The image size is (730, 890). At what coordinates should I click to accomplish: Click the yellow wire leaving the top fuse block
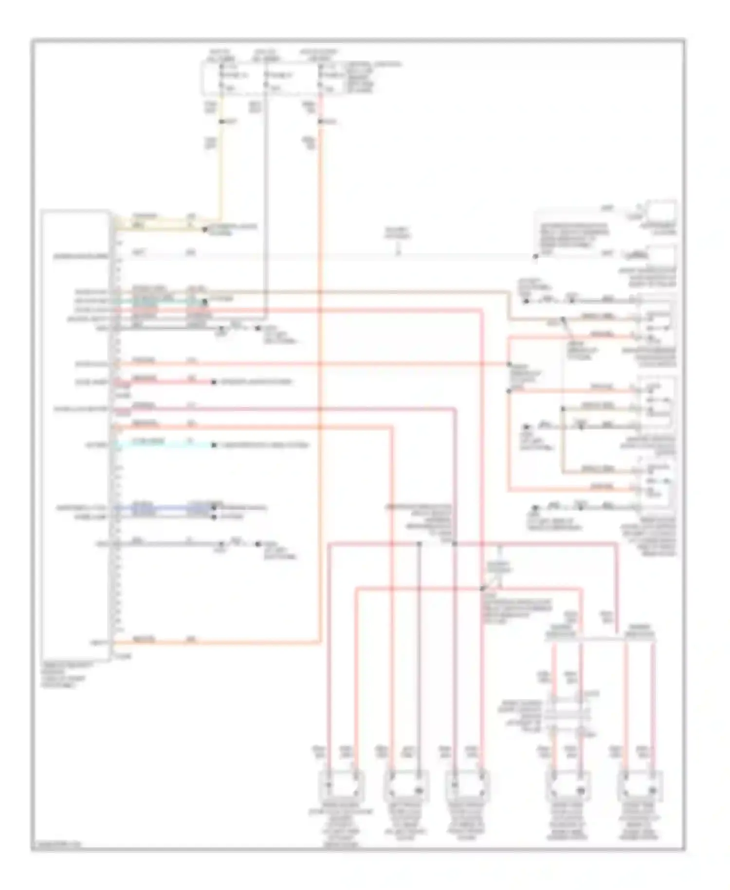coord(220,161)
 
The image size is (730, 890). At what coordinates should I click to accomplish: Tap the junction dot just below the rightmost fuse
coord(321,121)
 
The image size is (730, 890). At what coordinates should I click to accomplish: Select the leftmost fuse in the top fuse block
coord(221,75)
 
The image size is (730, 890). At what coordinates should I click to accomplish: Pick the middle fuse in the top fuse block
coord(266,75)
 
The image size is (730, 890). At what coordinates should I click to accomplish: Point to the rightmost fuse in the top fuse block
coord(321,75)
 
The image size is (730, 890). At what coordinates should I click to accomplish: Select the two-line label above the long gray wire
coord(398,233)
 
